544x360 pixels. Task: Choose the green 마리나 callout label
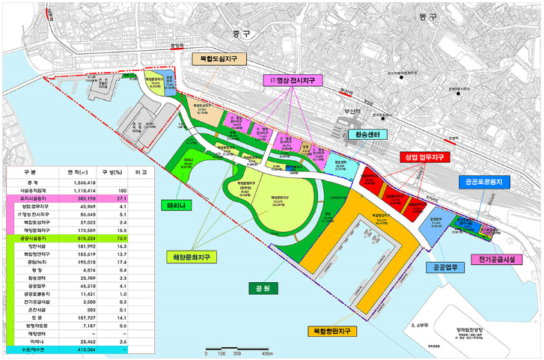pyautogui.click(x=176, y=204)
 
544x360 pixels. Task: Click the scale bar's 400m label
pyautogui.click(x=264, y=353)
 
